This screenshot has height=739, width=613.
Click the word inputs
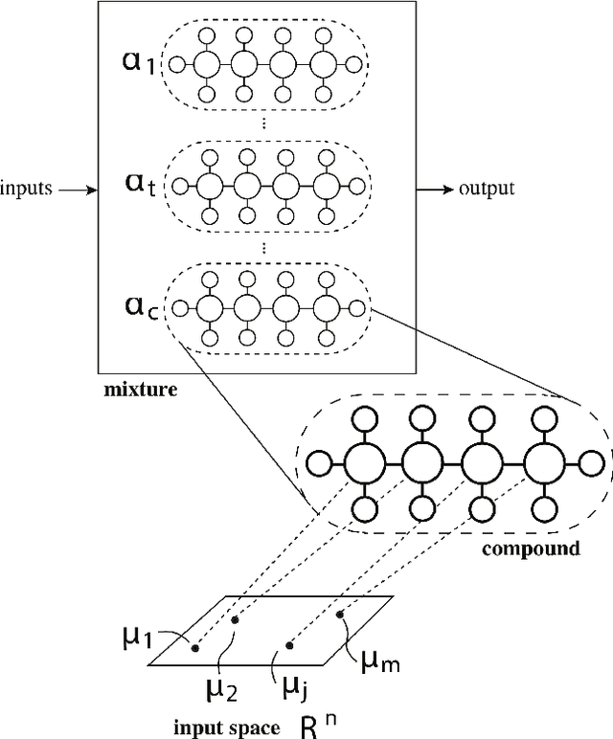pyautogui.click(x=26, y=189)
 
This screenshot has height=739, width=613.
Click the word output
pyautogui.click(x=487, y=189)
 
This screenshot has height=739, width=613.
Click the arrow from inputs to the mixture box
pyautogui.click(x=79, y=190)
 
